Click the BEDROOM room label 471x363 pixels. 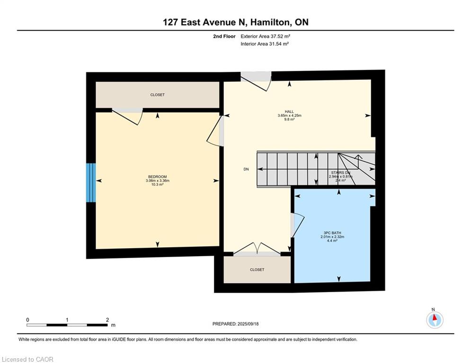point(158,177)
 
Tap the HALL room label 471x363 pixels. point(289,112)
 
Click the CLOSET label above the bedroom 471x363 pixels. point(158,95)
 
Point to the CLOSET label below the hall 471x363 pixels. point(257,269)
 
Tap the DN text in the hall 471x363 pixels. point(246,169)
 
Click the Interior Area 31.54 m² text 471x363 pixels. point(265,43)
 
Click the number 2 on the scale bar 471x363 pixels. point(107,320)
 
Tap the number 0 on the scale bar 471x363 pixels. point(28,320)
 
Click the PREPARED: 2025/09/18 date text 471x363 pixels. point(236,324)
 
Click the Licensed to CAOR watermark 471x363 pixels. point(27,359)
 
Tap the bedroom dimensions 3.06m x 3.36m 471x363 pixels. point(158,181)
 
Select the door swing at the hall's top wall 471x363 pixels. point(256,80)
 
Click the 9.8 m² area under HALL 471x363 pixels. point(289,120)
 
